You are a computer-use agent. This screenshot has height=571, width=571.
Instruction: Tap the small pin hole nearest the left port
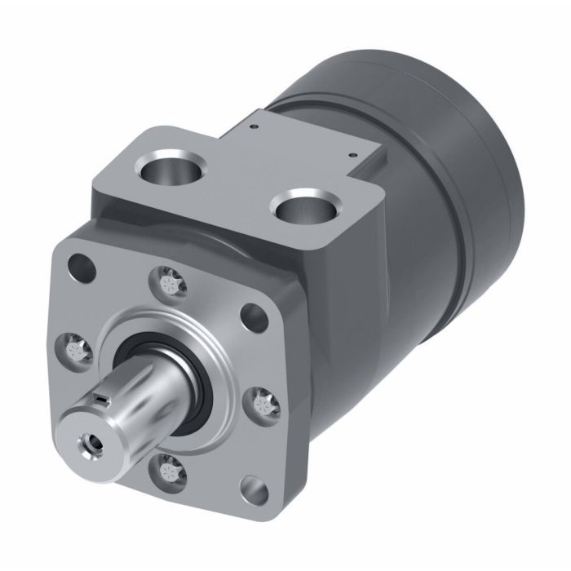(x=255, y=126)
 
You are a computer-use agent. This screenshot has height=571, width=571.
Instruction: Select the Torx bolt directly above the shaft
(x=169, y=283)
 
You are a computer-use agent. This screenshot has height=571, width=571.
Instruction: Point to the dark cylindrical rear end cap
(x=457, y=155)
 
